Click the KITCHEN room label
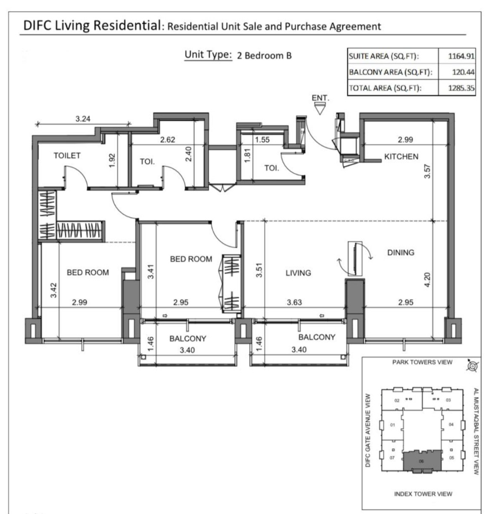(x=401, y=156)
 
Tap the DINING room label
(x=401, y=253)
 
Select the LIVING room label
(x=298, y=273)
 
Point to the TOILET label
(x=67, y=156)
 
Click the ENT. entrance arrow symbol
(x=320, y=108)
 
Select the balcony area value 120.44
(x=463, y=72)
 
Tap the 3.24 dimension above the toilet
(x=83, y=119)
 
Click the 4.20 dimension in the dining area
(x=427, y=280)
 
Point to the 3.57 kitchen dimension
(x=427, y=171)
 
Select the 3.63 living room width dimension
(x=294, y=302)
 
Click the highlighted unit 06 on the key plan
(x=422, y=461)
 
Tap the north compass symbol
(x=472, y=366)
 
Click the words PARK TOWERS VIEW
(x=422, y=362)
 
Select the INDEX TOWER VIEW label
(x=423, y=494)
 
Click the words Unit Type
(x=208, y=55)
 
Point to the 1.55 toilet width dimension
(x=262, y=140)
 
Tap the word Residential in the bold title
(x=127, y=25)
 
